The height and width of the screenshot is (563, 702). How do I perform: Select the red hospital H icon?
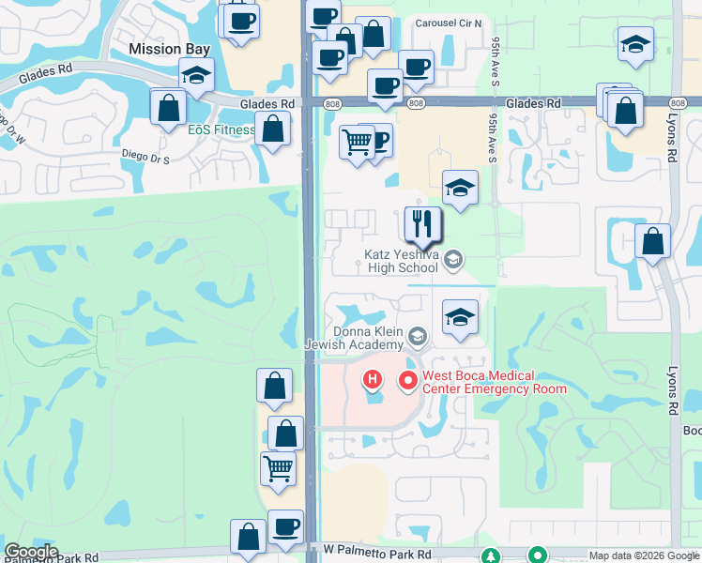[x=373, y=380]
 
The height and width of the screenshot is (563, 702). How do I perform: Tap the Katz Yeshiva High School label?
[x=402, y=261]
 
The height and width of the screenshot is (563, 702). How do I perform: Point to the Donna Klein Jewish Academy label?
[x=366, y=339]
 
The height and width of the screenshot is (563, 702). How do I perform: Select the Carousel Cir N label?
[x=449, y=23]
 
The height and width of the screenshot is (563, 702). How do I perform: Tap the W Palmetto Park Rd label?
[x=377, y=556]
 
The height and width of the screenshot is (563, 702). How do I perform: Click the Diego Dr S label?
[x=145, y=160]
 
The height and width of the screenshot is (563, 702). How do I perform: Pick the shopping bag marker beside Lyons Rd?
[x=652, y=241]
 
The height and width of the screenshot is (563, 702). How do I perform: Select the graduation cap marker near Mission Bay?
[x=196, y=75]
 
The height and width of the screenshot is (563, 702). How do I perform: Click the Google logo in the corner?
[x=31, y=552]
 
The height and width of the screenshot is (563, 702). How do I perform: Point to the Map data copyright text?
[x=643, y=555]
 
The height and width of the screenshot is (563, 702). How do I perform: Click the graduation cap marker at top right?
[x=635, y=44]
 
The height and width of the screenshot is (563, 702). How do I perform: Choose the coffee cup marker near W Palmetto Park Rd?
[x=285, y=526]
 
